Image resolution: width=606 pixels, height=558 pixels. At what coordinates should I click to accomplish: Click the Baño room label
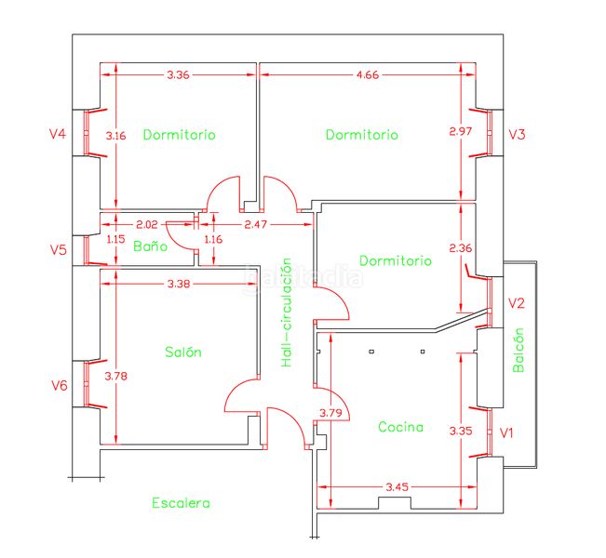point(151,246)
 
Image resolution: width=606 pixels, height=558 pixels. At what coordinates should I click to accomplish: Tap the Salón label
point(183,352)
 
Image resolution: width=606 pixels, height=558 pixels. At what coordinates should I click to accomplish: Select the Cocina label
point(400,427)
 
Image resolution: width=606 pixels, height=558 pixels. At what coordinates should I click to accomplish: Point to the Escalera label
point(181,503)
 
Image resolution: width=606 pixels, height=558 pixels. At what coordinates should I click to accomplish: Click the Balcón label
point(518,350)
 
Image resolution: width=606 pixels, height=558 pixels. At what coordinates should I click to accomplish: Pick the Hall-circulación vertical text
point(287,312)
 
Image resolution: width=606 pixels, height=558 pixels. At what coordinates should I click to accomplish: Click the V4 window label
point(58,134)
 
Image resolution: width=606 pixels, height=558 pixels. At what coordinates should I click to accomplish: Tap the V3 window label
point(517,134)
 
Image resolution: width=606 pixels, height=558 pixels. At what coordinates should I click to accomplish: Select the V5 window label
point(59,250)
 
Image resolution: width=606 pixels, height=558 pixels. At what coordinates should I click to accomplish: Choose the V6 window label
point(60,385)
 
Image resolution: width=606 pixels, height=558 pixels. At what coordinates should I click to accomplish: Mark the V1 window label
point(506,433)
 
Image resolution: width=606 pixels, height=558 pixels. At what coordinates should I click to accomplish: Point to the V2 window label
point(517,303)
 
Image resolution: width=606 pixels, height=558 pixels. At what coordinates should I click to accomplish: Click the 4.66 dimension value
point(368,74)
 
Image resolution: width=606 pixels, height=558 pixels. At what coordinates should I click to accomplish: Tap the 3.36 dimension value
point(178,74)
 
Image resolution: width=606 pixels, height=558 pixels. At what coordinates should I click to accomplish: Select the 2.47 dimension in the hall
point(255,224)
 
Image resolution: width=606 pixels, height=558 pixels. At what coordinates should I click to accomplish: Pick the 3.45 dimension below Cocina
point(397,486)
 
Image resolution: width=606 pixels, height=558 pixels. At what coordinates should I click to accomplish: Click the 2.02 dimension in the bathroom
point(147,224)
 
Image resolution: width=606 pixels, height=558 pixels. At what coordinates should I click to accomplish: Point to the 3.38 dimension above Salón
point(179,284)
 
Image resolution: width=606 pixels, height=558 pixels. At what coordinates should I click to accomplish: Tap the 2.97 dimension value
point(460,131)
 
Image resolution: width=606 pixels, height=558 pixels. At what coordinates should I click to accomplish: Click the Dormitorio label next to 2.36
point(396,260)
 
